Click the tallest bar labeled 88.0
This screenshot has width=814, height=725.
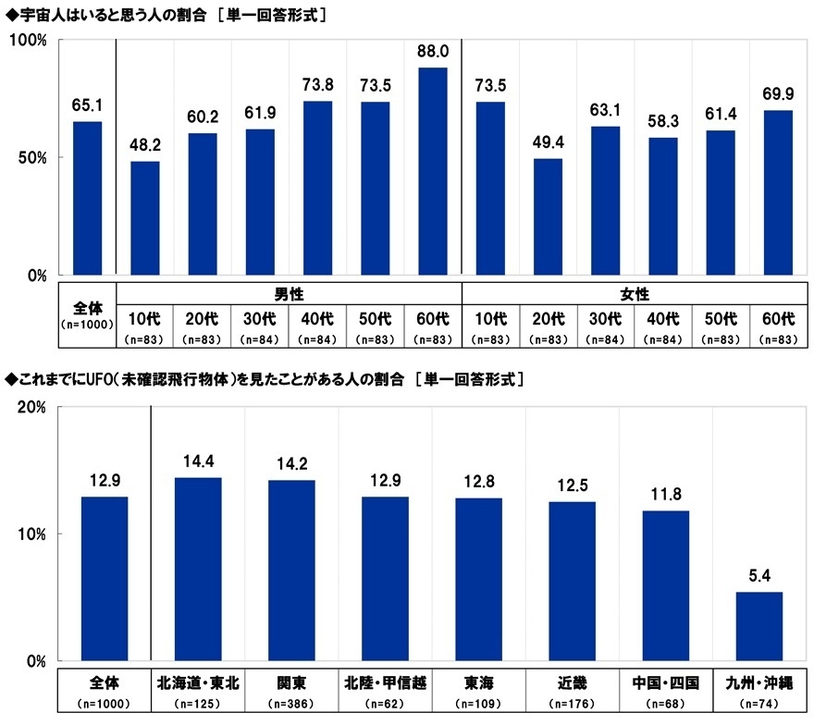(x=433, y=171)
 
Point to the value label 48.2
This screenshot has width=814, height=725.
(x=144, y=146)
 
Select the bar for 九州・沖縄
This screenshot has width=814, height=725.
(x=759, y=626)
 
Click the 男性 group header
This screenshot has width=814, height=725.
(x=289, y=294)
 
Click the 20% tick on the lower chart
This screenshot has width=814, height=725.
(x=31, y=408)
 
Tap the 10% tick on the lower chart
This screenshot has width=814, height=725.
(x=31, y=535)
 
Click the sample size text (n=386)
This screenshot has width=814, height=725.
(x=291, y=704)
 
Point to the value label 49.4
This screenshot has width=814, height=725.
(x=548, y=143)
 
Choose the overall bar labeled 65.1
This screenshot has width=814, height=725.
(x=87, y=198)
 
